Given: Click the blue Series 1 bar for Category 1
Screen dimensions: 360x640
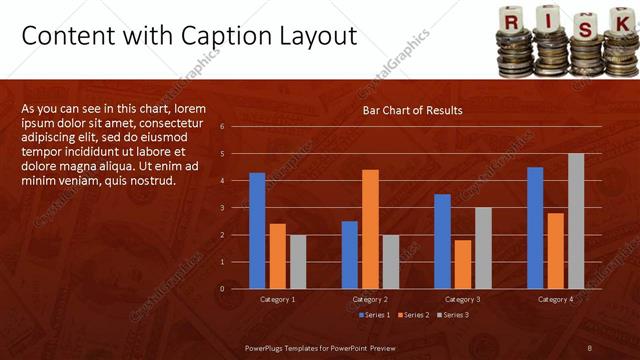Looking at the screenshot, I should pos(257,230).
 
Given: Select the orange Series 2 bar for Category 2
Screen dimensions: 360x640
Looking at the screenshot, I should pos(370,229).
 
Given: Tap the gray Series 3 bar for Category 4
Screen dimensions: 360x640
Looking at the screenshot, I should pos(576,221).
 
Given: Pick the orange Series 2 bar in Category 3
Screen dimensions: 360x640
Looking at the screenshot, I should pos(462,264).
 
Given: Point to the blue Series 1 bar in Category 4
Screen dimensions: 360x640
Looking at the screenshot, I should pos(535,227).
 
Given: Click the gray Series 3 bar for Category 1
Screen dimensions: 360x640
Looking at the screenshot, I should pos(298,261).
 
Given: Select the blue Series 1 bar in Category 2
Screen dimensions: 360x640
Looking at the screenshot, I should pos(349,254).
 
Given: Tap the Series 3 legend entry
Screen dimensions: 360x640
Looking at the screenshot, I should pos(452,315).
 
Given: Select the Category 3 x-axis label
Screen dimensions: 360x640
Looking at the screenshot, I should pos(462,299).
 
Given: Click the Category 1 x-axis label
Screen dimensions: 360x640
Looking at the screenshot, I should pos(277,299).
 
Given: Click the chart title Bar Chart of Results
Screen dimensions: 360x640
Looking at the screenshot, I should pos(412,110).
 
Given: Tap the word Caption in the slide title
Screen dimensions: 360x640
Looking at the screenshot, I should pos(218,36).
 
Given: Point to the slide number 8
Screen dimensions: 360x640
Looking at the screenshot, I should pos(590,347).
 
